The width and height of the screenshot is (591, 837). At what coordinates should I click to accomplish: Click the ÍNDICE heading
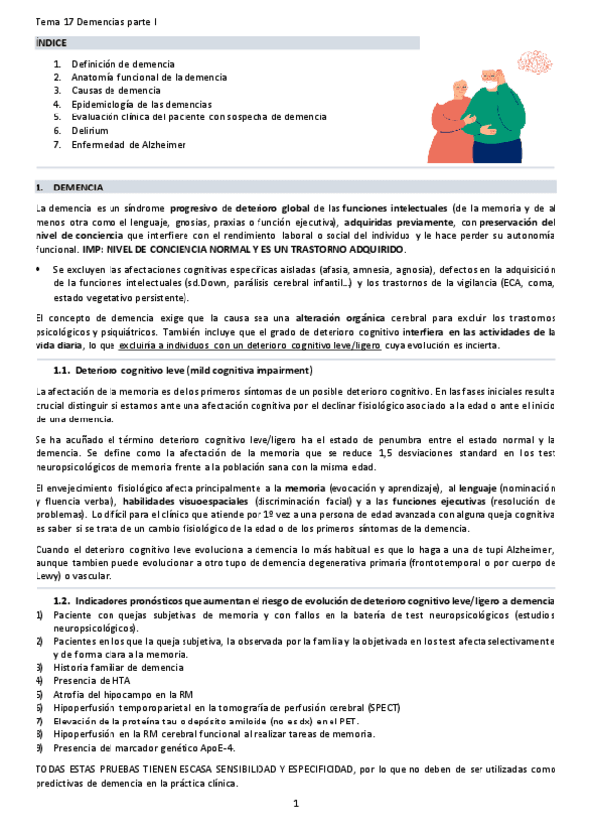tap(50, 44)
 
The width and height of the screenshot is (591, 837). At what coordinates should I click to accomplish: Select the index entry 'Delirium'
tap(89, 130)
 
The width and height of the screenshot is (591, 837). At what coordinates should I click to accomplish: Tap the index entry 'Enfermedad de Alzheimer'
tap(128, 144)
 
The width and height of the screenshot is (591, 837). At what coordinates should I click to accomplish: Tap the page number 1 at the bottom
tap(295, 804)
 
